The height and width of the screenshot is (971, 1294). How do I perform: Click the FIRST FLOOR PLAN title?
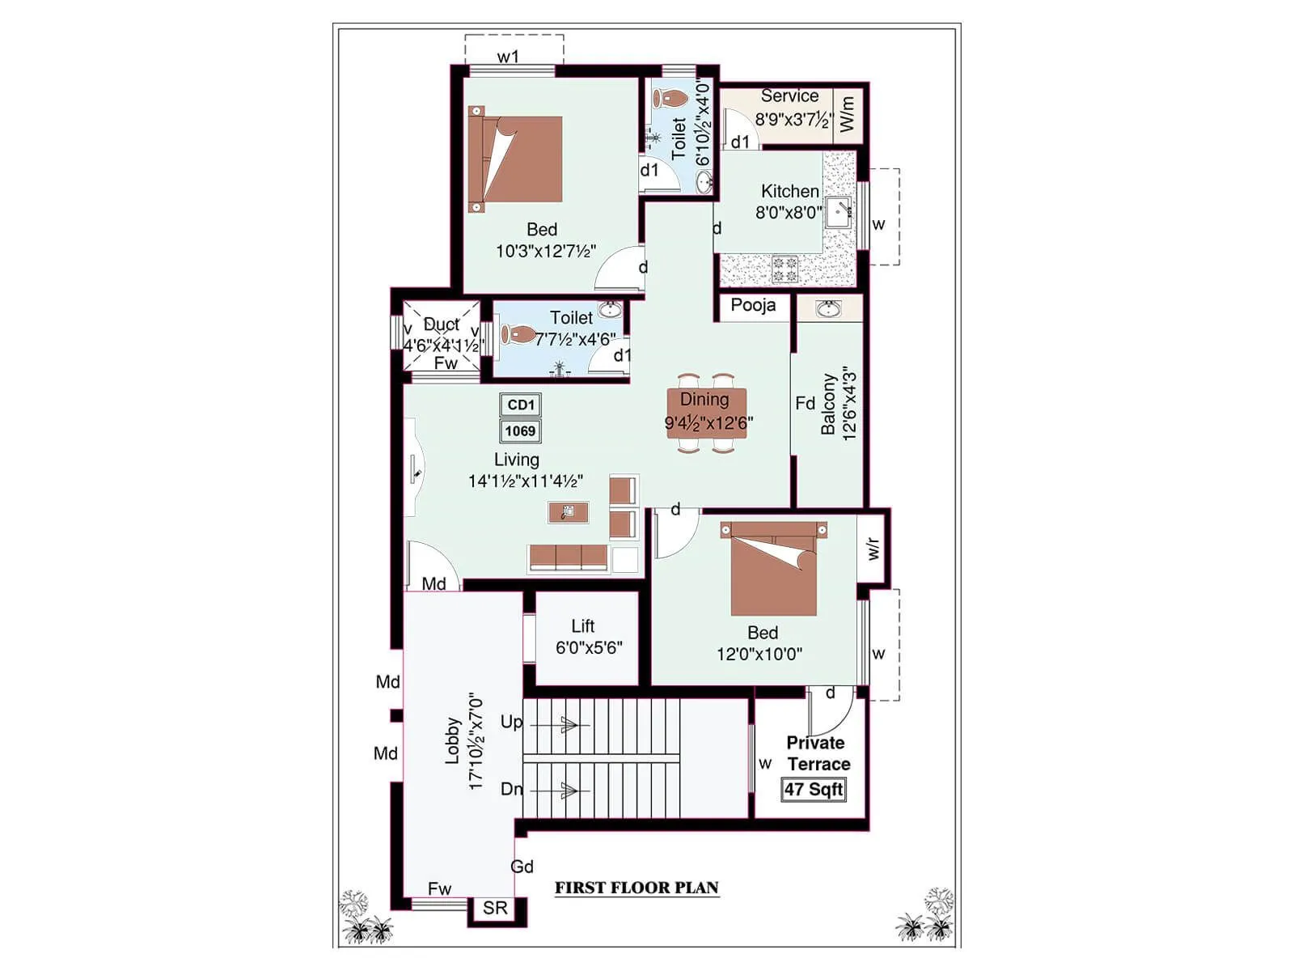point(636,888)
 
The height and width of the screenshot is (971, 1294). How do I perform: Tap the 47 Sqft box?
point(814,789)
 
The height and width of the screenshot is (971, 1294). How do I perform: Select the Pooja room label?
point(753,305)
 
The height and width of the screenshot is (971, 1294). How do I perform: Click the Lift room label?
point(582,625)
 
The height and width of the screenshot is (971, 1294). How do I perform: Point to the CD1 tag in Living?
point(520,405)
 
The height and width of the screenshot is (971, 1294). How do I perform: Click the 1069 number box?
point(520,430)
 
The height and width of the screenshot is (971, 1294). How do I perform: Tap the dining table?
point(706,413)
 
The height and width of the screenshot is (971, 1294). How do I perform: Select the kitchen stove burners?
point(784,269)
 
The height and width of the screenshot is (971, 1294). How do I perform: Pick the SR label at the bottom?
point(495,908)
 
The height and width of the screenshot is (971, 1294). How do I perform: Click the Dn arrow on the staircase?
point(569,790)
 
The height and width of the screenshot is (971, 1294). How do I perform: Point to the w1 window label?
point(508,57)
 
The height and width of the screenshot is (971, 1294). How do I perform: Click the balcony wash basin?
point(828,308)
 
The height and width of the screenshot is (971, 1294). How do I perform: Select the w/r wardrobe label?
point(873,549)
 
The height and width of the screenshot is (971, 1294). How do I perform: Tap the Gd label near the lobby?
point(522,867)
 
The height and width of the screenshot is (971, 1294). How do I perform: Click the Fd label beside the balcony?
point(805,403)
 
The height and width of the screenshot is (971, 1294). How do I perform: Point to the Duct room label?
point(441,324)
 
